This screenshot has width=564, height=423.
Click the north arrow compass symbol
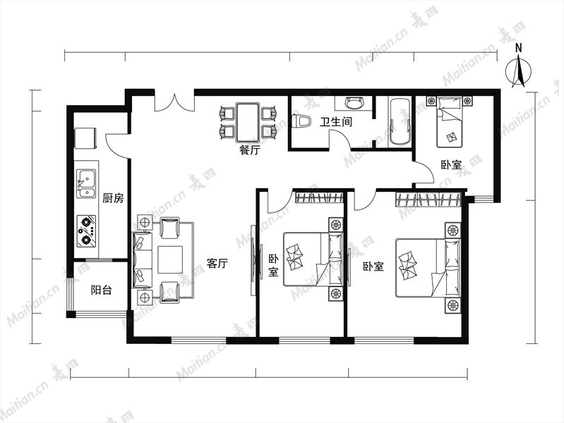518,70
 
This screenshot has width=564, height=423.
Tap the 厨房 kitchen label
113,198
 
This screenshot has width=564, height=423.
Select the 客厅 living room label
217,264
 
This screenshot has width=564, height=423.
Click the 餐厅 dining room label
250,150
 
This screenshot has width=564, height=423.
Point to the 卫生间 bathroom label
336,122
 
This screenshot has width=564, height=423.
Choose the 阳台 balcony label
102,290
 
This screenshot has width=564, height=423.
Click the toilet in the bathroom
301,121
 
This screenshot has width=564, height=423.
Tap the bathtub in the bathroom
400,122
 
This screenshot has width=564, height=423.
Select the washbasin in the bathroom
354,103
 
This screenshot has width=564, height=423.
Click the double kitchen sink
86,183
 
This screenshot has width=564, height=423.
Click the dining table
248,122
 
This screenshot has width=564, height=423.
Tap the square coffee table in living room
170,259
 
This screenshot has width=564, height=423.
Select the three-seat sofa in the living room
143,259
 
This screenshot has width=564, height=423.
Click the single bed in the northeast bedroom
449,122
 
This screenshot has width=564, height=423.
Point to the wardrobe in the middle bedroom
318,197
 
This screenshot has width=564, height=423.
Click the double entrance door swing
174,103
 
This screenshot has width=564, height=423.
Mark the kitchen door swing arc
115,147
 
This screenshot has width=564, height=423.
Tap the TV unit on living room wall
254,260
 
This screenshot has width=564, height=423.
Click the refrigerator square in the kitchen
85,138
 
